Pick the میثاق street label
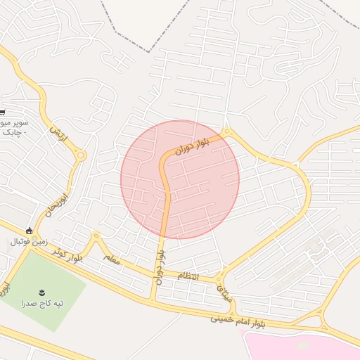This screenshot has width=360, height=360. (x=226, y=288)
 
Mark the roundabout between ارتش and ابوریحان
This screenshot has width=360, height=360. (x=82, y=155)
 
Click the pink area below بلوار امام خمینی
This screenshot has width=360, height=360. (x=302, y=346)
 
